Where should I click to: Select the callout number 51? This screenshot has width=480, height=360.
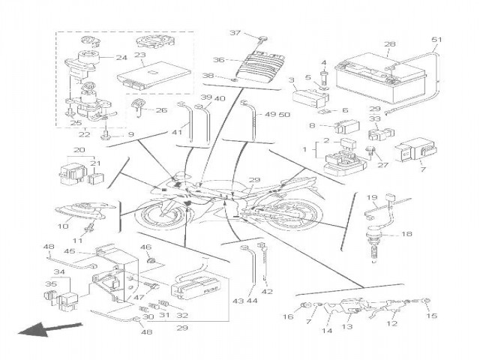pos(437,40)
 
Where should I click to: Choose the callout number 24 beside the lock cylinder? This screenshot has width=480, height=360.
pos(121,58)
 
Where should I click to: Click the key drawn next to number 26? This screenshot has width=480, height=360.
pos(138,106)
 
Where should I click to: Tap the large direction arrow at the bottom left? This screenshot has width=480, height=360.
pos(48,328)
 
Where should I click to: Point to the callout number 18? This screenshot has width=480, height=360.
pos(406,234)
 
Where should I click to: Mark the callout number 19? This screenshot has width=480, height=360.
pos(371,197)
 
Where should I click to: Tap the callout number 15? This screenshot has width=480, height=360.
pos(430,316)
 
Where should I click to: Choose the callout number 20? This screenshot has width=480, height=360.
pos(77,150)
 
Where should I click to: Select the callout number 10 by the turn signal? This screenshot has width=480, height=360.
pos(64,226)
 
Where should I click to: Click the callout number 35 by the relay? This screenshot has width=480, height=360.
pos(52,284)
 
